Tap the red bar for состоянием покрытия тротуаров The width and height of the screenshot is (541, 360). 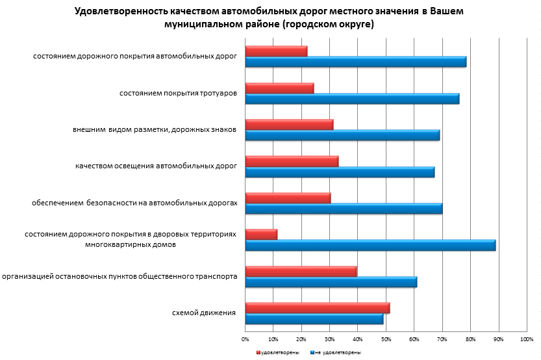pos(279,88)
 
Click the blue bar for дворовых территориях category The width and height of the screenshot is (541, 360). pos(370,246)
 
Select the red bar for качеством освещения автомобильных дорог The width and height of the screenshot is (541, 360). pos(292,161)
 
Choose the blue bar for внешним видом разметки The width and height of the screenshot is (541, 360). pos(342,135)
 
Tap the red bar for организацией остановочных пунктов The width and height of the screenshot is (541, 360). pos(301,271)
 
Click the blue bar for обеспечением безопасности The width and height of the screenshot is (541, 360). pos(344,209)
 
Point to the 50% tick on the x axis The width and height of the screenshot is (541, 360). pos(386,339)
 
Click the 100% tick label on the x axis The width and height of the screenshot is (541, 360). pos(527,339)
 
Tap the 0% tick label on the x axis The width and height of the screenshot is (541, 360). pos(245,339)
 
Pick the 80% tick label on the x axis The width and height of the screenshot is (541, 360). pos(470,339)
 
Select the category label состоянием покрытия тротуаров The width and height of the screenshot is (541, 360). pos(178,93)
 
